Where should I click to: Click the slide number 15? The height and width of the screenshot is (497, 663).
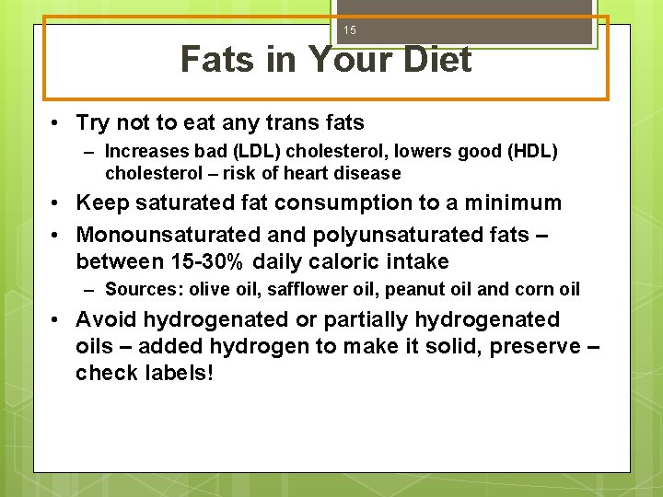[350, 30]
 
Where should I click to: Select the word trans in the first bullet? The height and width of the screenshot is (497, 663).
[276, 122]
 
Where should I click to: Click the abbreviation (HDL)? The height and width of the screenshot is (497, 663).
[527, 151]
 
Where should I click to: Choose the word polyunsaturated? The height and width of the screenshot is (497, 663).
[397, 236]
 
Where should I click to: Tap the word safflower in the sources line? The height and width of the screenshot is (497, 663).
[303, 290]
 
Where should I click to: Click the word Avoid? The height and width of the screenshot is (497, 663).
[105, 319]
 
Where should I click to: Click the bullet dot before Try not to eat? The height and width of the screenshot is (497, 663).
[57, 123]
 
